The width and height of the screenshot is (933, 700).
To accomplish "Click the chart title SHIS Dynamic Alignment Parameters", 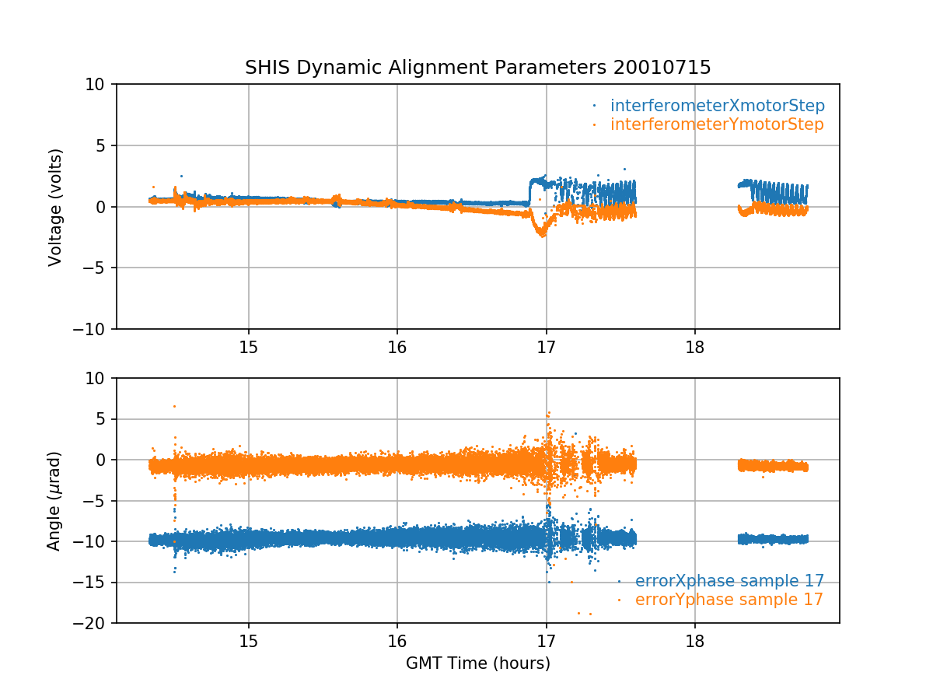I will click(427, 68).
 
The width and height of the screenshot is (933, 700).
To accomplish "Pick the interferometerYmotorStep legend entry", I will click(716, 124).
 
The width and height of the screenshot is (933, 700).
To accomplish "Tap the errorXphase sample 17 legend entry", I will click(729, 581).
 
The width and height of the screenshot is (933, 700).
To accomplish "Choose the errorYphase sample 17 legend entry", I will click(729, 600).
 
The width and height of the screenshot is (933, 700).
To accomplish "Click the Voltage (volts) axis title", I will click(55, 207).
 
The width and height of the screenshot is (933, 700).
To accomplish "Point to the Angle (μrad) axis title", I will click(55, 501).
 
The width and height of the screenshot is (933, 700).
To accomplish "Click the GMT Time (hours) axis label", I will click(478, 663).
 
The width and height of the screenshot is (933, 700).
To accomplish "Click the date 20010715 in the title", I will click(662, 68).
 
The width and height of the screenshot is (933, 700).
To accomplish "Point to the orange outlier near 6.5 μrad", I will click(174, 406).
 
